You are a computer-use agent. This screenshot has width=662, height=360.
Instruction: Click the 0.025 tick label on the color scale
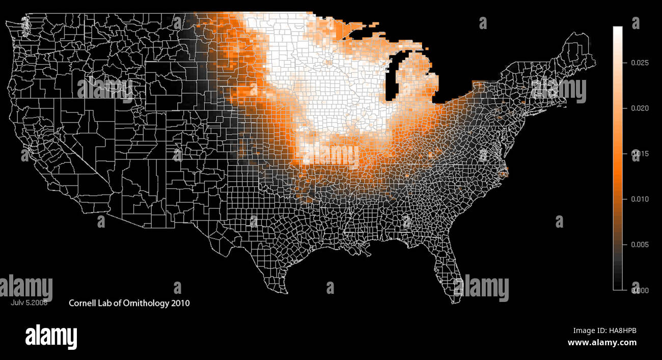coord(639,63)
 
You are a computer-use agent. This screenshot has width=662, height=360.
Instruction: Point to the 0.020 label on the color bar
coord(639,108)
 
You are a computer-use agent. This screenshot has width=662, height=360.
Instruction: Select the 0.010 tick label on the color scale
coord(639,199)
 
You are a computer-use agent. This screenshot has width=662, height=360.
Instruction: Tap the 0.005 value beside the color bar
coord(639,245)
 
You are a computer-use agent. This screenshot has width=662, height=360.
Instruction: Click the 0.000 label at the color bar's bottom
coord(639,290)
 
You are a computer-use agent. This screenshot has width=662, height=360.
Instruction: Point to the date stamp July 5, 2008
coord(29,302)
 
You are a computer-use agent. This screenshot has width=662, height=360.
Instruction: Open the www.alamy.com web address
coord(602,343)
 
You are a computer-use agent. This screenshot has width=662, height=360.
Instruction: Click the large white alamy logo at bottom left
coord(51,337)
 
